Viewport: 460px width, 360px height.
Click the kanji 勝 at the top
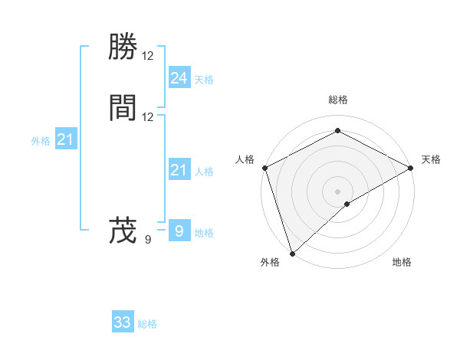tap(123, 48)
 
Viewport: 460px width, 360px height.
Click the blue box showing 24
tap(179, 78)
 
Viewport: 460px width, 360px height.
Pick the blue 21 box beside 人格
tap(179, 170)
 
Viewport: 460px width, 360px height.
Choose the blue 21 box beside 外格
tap(65, 139)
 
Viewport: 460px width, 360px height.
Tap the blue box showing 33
tap(123, 322)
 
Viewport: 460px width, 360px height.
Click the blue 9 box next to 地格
tap(179, 231)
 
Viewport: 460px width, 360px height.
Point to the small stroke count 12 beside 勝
tap(148, 56)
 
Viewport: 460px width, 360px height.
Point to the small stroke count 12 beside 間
tap(148, 116)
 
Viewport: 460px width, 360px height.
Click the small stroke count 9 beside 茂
tap(148, 239)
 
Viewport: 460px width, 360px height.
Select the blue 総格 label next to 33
tap(147, 324)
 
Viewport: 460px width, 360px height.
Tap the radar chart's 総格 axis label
tap(338, 100)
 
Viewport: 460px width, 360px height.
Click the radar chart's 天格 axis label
tap(431, 159)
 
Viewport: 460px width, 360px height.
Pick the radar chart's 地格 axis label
tap(402, 262)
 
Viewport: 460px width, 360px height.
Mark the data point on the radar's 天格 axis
tap(412, 167)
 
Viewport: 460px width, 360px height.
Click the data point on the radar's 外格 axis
tap(291, 253)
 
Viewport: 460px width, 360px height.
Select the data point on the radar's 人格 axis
tap(264, 167)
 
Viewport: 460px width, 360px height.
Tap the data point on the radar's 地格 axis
tap(347, 204)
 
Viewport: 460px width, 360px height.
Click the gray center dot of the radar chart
tap(338, 191)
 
